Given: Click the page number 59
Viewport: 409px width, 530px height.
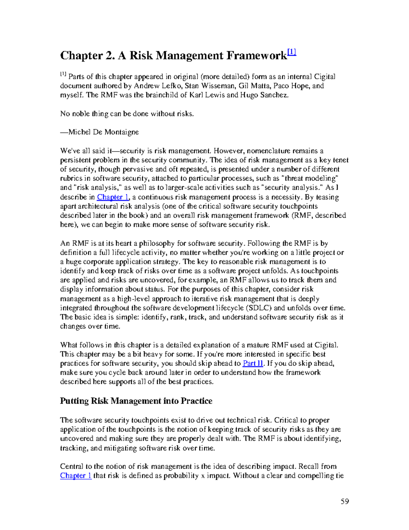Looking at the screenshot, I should (345, 501).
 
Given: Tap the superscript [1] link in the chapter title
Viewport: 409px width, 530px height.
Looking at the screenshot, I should (292, 53).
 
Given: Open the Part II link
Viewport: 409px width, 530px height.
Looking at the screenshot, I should (253, 363).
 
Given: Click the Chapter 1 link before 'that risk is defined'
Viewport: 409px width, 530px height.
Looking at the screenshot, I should (76, 476).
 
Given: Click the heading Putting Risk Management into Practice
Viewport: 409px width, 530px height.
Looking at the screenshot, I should (136, 401).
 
